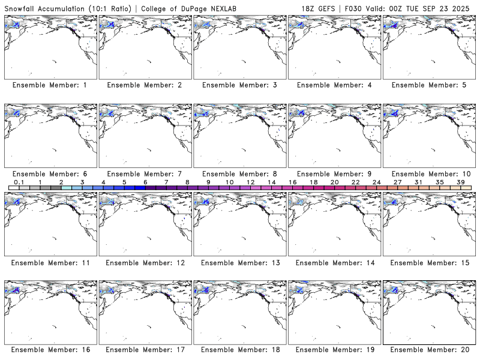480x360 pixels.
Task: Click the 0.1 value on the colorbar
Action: click(x=19, y=182)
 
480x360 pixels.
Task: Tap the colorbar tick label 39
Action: click(x=460, y=182)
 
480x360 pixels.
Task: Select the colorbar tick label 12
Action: click(x=250, y=182)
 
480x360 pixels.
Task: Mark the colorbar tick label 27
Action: click(x=397, y=182)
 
